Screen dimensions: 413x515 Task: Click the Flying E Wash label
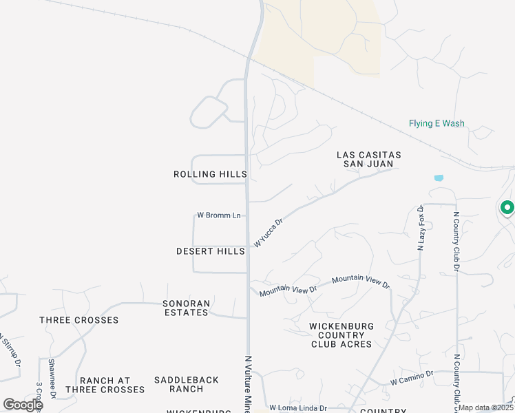[437, 124]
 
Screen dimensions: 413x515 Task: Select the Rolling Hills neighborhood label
[210, 175]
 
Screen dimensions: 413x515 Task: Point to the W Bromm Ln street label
[218, 215]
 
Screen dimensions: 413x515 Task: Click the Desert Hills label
[211, 252]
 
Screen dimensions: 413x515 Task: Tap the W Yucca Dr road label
[269, 233]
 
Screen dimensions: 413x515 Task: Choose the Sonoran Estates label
[185, 308]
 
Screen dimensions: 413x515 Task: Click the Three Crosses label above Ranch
[79, 320]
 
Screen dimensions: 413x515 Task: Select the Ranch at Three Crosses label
[105, 385]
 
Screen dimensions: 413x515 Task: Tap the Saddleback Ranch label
[187, 384]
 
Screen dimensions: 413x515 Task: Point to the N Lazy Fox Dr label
[420, 227]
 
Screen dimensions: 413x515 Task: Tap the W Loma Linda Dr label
[297, 407]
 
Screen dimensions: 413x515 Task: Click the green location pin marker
[507, 207]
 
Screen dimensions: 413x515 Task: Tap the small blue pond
[439, 178]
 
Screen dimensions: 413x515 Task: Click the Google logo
[23, 405]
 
